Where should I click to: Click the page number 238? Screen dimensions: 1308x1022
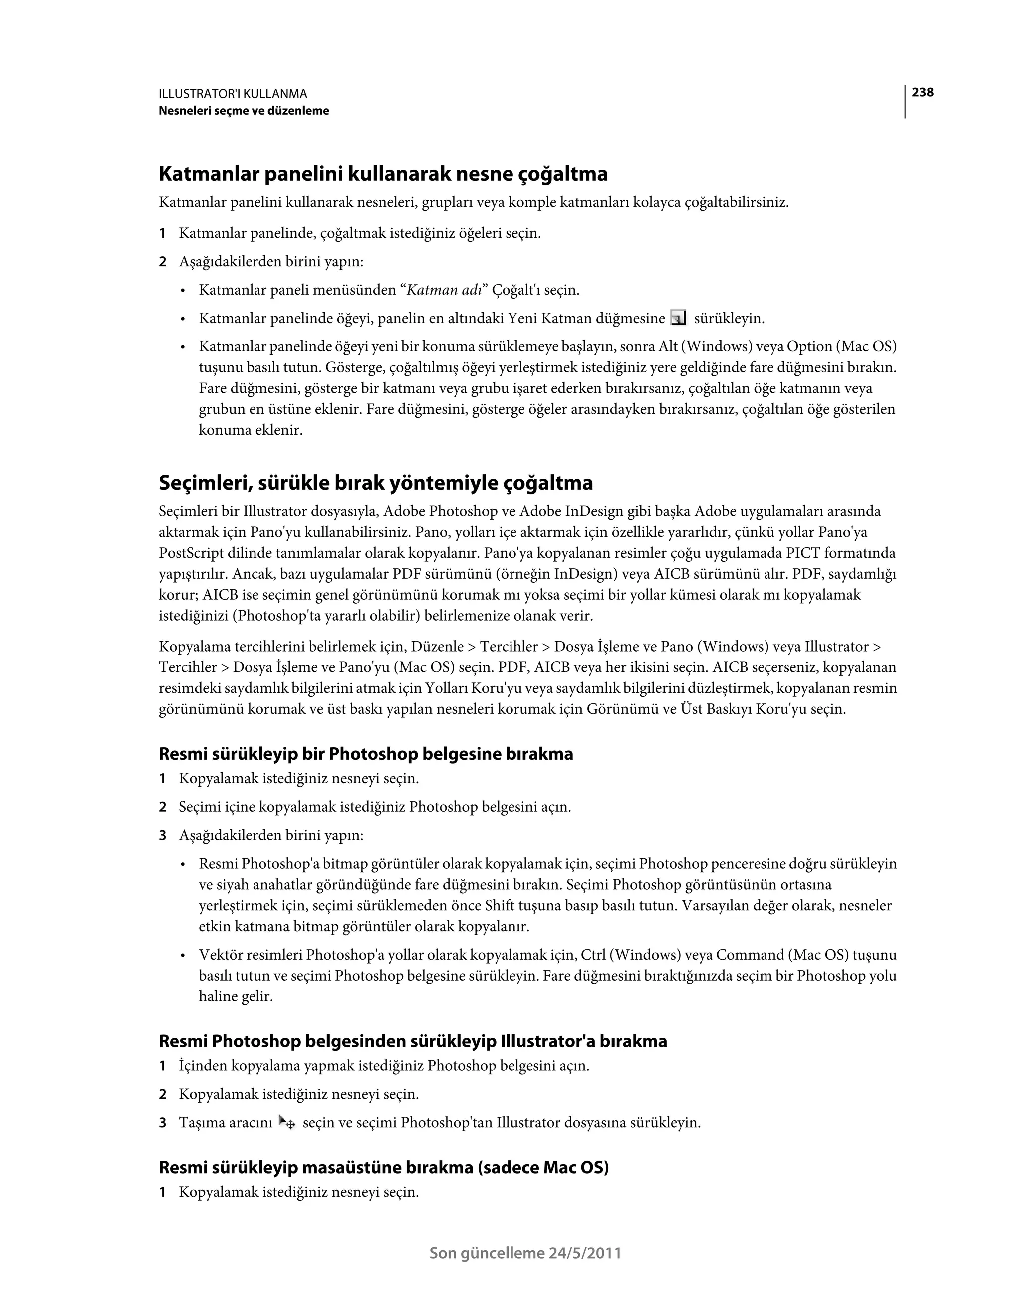click(922, 92)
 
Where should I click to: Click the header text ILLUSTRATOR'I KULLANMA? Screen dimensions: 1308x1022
click(233, 94)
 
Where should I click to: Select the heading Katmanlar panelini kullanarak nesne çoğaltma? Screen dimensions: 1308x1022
click(383, 174)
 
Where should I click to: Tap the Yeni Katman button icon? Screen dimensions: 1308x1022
click(678, 318)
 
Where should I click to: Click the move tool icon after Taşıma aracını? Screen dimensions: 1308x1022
click(287, 1122)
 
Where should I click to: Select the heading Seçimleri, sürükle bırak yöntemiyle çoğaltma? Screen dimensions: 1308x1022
click(375, 483)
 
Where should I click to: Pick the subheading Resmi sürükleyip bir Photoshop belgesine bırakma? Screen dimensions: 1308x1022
click(365, 754)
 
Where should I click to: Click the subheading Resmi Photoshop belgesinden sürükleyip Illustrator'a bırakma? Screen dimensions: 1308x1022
click(413, 1041)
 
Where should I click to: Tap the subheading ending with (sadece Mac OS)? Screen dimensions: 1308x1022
click(383, 1167)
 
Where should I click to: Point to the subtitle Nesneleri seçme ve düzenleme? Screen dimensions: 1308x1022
click(244, 111)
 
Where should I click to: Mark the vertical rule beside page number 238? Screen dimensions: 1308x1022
click(905, 102)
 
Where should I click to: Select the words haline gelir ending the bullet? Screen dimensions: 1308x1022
click(236, 996)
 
